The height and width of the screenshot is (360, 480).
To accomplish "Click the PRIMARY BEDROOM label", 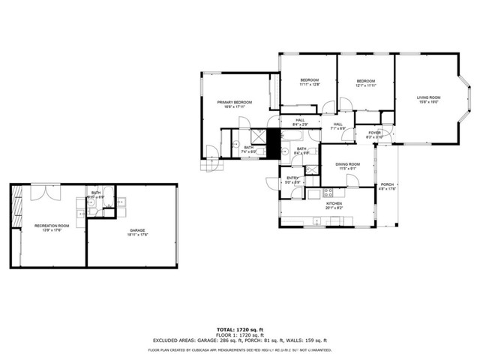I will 234,102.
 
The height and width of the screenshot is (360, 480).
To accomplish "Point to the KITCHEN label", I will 334,203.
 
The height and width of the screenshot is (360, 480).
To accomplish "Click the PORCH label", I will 387,184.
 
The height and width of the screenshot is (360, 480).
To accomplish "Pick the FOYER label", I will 374,133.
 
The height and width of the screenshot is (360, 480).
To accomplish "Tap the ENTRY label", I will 292,178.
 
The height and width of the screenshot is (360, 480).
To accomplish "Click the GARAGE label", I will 136,231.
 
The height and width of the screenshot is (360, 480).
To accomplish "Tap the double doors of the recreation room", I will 43,192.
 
